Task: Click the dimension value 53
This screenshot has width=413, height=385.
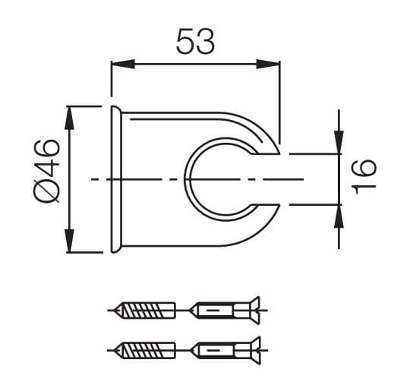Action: [x=195, y=41]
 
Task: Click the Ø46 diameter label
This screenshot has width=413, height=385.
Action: [x=47, y=172]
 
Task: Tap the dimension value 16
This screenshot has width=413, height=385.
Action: [x=364, y=177]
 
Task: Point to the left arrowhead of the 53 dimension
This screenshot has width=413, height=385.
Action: [x=123, y=64]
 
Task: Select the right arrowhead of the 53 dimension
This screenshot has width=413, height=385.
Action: [x=268, y=64]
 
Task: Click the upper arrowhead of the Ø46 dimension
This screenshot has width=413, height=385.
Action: [x=70, y=118]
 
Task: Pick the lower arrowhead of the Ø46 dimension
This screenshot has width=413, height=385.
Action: [x=70, y=241]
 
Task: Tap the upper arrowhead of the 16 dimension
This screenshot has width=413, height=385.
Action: [x=339, y=142]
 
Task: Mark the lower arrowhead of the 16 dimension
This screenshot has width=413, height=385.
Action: [x=339, y=216]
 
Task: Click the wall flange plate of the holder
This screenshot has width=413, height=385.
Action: [x=116, y=179]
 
